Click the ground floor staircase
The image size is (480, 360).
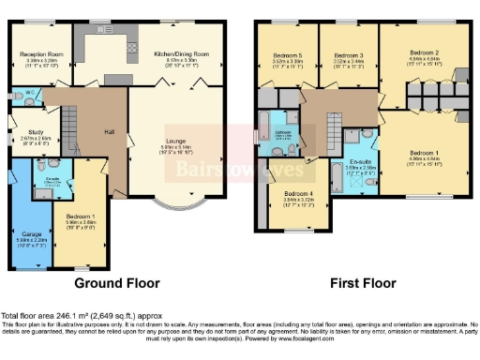[70, 121]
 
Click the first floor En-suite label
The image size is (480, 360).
[361, 163]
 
